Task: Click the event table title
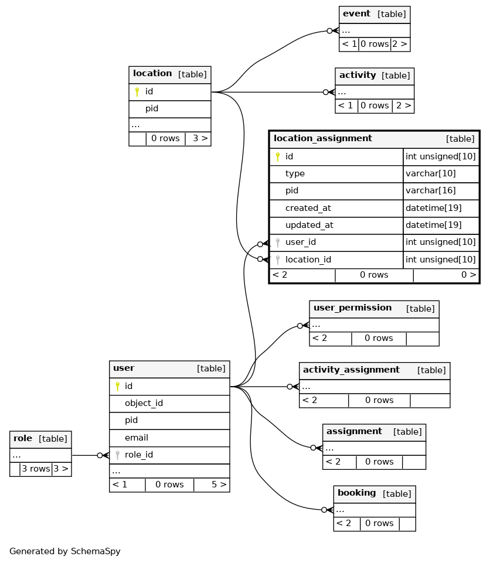pos(356,13)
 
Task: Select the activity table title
pos(358,75)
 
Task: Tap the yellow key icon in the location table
pos(137,92)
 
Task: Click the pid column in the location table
pos(152,108)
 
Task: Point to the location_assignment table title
pos(322,138)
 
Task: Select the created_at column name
pos(308,208)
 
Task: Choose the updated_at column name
pos(309,225)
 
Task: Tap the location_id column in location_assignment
pos(308,260)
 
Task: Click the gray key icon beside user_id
pos(278,243)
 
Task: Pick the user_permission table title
pos(352,308)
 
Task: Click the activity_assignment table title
pos(351,370)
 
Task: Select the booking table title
pos(356,493)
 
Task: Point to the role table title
pos(23,438)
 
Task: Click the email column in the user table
pos(137,438)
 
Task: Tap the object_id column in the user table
pos(144,403)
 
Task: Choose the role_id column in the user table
pos(139,455)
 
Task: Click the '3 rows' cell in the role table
pos(36,469)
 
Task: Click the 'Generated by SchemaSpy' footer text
pos(65,551)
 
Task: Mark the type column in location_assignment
pos(295,174)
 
